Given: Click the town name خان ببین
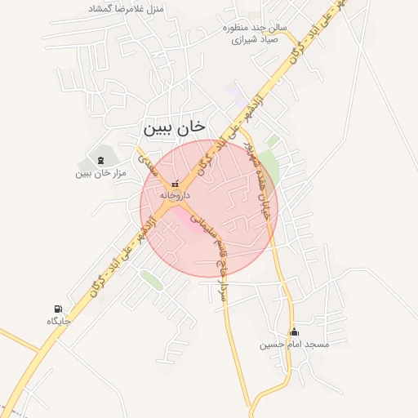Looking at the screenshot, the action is point(175,128).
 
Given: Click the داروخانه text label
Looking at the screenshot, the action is point(175,197).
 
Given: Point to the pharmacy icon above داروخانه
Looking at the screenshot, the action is point(173,185).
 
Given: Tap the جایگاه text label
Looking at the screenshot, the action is point(59,321).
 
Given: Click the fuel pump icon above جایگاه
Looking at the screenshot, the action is point(57,309).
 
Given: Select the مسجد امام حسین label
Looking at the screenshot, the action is point(295,345).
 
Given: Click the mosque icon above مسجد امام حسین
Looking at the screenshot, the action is point(295,331).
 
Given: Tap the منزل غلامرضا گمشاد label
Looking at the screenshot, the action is point(131,9).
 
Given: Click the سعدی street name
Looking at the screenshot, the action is point(149,166).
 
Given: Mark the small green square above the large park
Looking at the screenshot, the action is point(273,140).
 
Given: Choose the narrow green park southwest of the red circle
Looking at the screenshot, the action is point(151,279).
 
